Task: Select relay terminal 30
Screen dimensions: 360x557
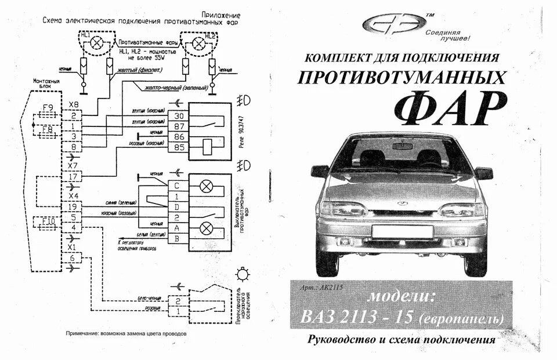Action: coord(178,116)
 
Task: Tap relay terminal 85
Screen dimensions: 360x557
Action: coord(178,147)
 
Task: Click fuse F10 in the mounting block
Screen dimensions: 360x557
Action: coord(48,221)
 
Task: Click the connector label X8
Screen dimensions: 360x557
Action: coord(73,104)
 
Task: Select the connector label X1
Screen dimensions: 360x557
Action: coord(73,248)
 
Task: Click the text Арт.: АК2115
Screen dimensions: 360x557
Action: coord(323,288)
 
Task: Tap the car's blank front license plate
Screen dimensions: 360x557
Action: coord(402,232)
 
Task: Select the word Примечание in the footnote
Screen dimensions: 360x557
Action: coord(89,334)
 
